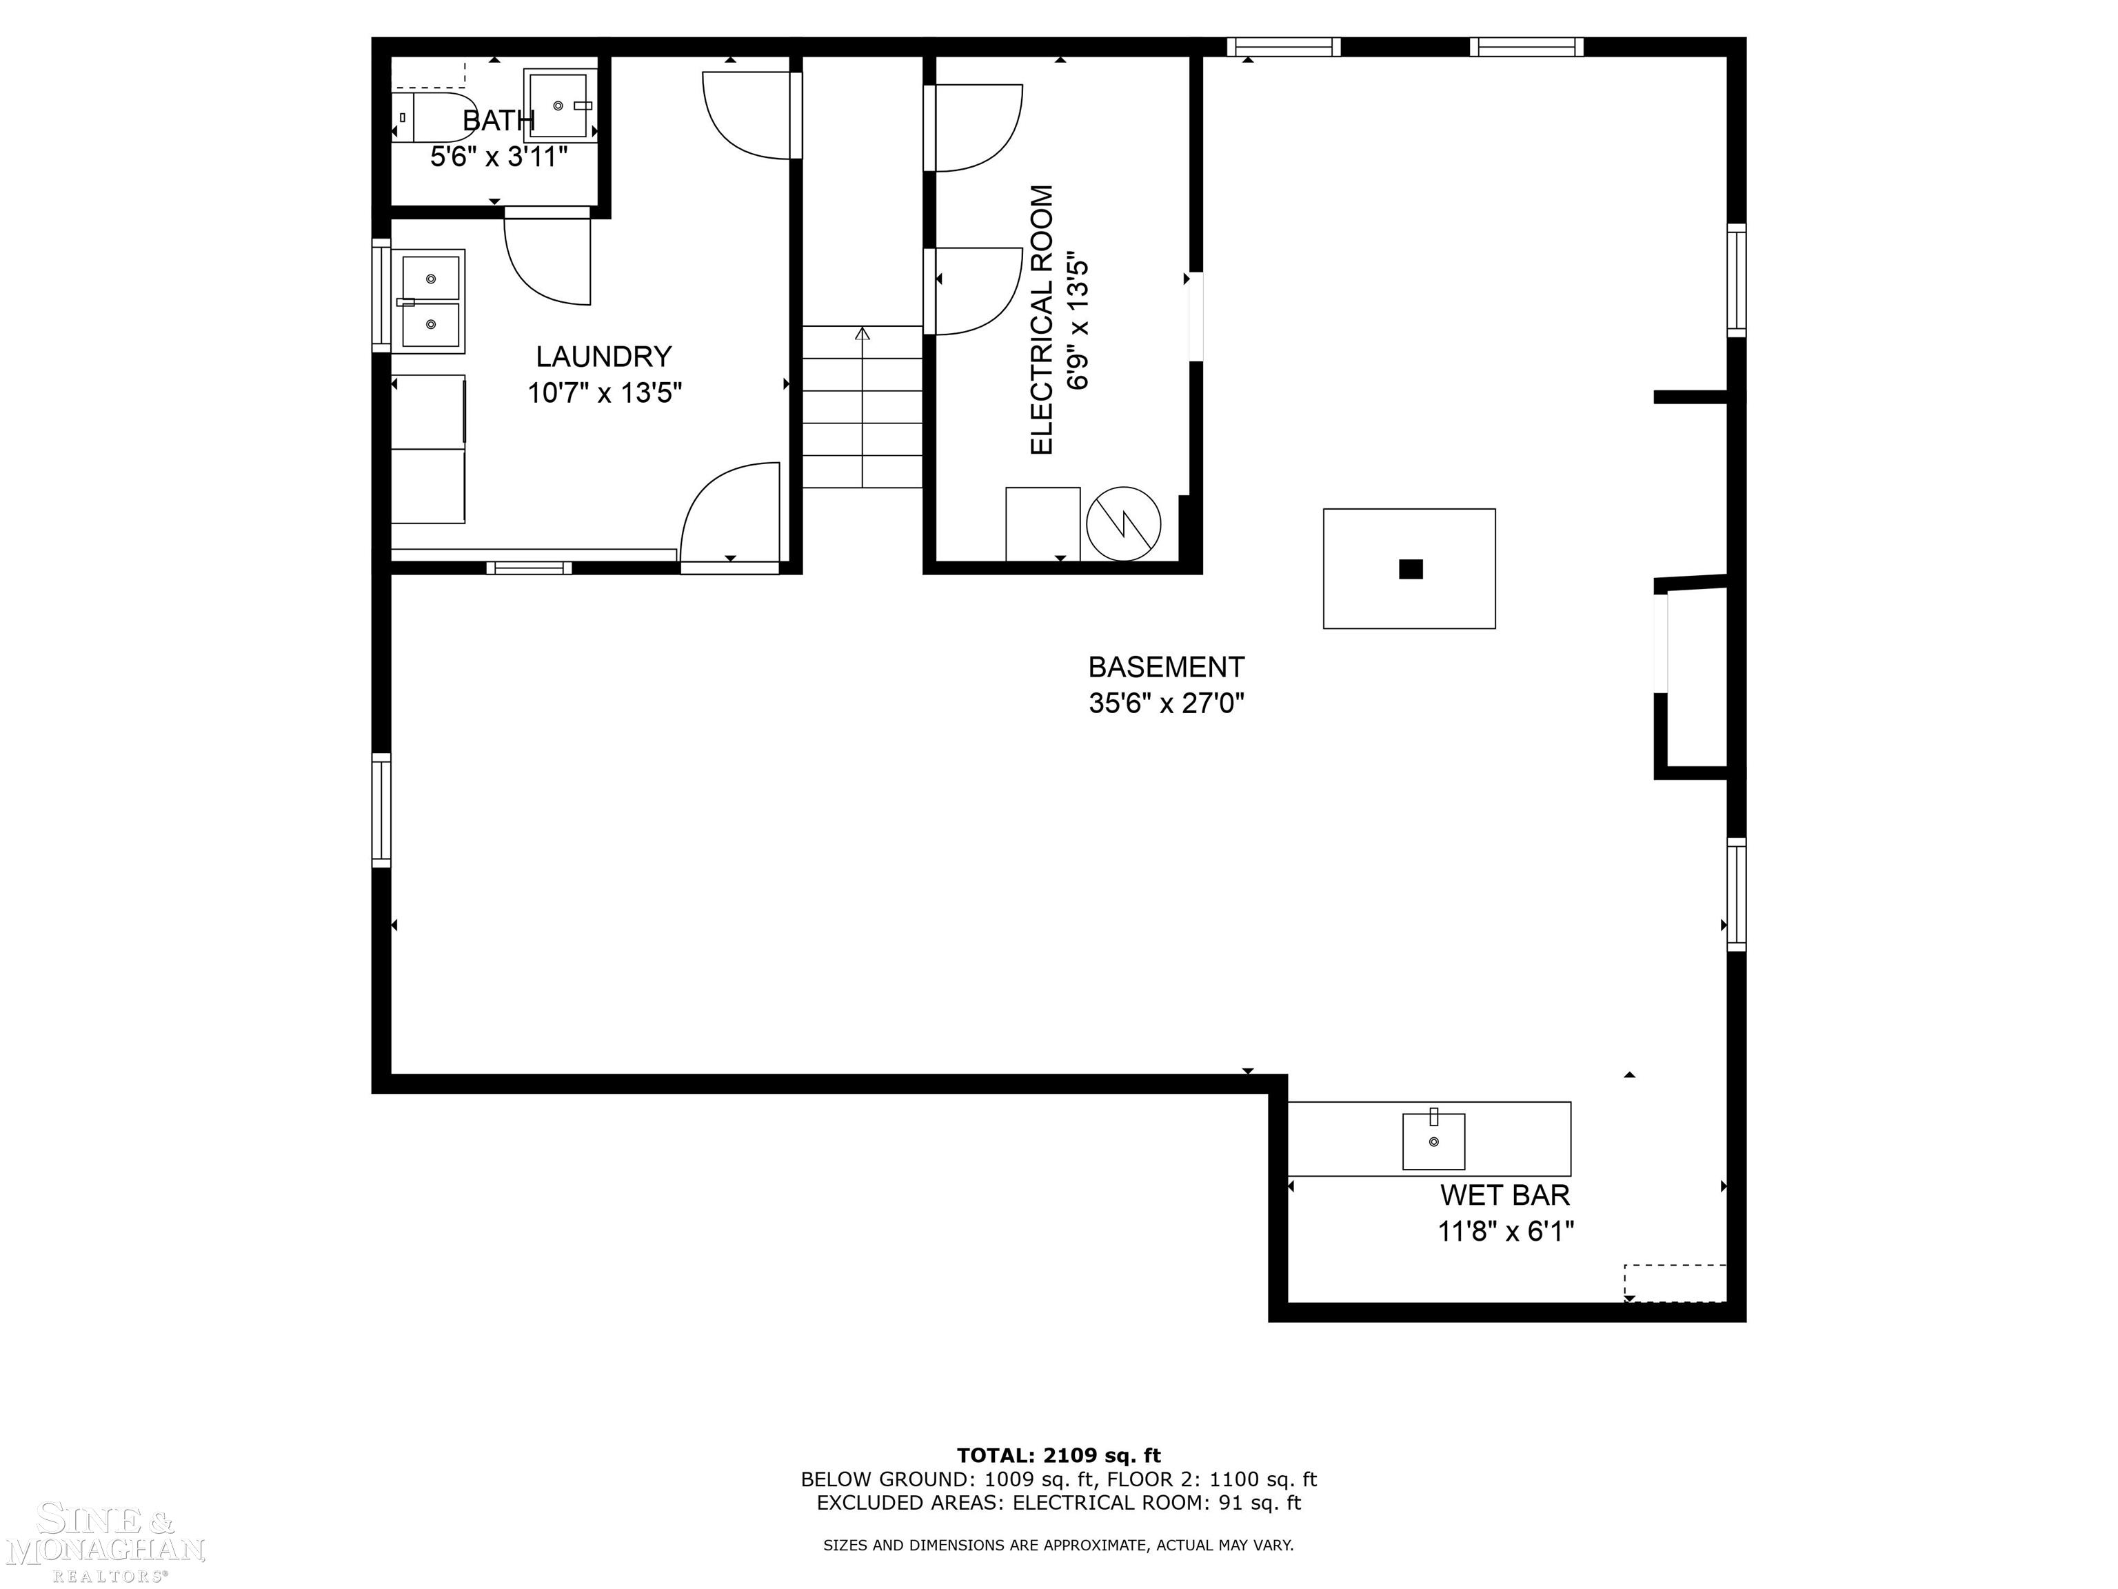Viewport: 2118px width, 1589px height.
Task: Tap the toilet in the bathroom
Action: pyautogui.click(x=431, y=117)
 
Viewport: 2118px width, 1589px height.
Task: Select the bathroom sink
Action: pyautogui.click(x=558, y=106)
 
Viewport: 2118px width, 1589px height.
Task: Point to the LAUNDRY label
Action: pyautogui.click(x=603, y=357)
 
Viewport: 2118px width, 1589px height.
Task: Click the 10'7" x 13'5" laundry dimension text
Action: pyautogui.click(x=604, y=392)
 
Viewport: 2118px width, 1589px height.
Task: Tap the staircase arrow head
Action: pyautogui.click(x=862, y=333)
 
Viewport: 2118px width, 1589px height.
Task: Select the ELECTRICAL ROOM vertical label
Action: pyautogui.click(x=1042, y=320)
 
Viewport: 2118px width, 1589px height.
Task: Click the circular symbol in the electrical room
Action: pyautogui.click(x=1123, y=524)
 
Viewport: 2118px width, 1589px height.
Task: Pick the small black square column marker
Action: pyautogui.click(x=1411, y=569)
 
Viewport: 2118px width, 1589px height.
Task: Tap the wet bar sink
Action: pyautogui.click(x=1433, y=1141)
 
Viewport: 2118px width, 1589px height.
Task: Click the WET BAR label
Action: pyautogui.click(x=1504, y=1195)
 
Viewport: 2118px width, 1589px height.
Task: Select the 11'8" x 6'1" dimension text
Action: pyautogui.click(x=1505, y=1232)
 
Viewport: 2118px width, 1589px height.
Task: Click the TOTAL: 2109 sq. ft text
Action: pyautogui.click(x=1058, y=1456)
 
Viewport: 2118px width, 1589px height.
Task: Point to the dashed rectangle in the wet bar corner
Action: pyautogui.click(x=1675, y=1283)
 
